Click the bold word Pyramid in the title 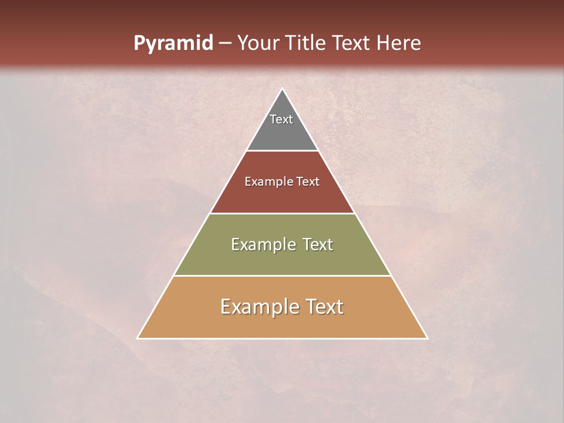click(x=173, y=43)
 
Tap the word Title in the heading click(x=308, y=43)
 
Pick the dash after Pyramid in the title click(x=225, y=43)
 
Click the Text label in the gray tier click(x=281, y=119)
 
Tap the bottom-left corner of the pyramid click(x=137, y=338)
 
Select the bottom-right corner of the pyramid click(x=427, y=338)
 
